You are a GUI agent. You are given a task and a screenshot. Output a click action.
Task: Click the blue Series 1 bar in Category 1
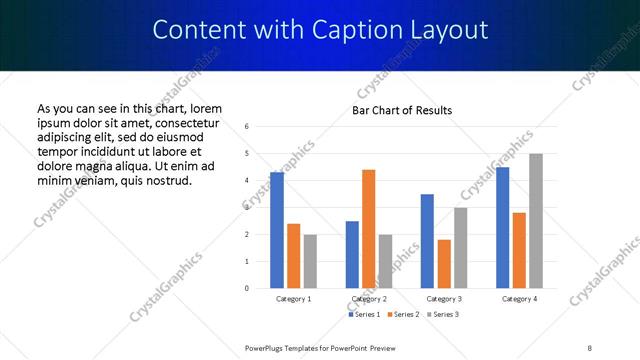tap(277, 230)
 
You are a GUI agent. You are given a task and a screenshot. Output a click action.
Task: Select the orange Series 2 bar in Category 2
tap(368, 229)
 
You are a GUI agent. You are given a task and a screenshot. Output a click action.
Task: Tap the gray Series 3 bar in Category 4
tap(536, 221)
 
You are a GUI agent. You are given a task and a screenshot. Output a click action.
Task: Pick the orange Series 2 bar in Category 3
tap(444, 264)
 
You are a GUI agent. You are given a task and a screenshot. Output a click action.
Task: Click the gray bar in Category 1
tap(310, 261)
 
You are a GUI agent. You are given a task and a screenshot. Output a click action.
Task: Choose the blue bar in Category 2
tap(352, 255)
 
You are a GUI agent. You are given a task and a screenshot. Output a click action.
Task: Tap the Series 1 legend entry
tap(365, 315)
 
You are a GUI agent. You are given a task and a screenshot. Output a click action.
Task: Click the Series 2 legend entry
tap(403, 315)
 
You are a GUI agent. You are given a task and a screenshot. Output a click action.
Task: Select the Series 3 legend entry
tap(442, 315)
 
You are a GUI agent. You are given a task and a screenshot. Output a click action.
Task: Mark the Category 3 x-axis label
tap(444, 299)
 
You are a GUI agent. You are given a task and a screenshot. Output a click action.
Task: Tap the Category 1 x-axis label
tap(293, 299)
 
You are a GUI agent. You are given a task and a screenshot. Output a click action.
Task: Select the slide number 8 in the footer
tap(590, 347)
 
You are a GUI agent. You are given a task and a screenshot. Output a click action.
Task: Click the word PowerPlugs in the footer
tap(268, 347)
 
